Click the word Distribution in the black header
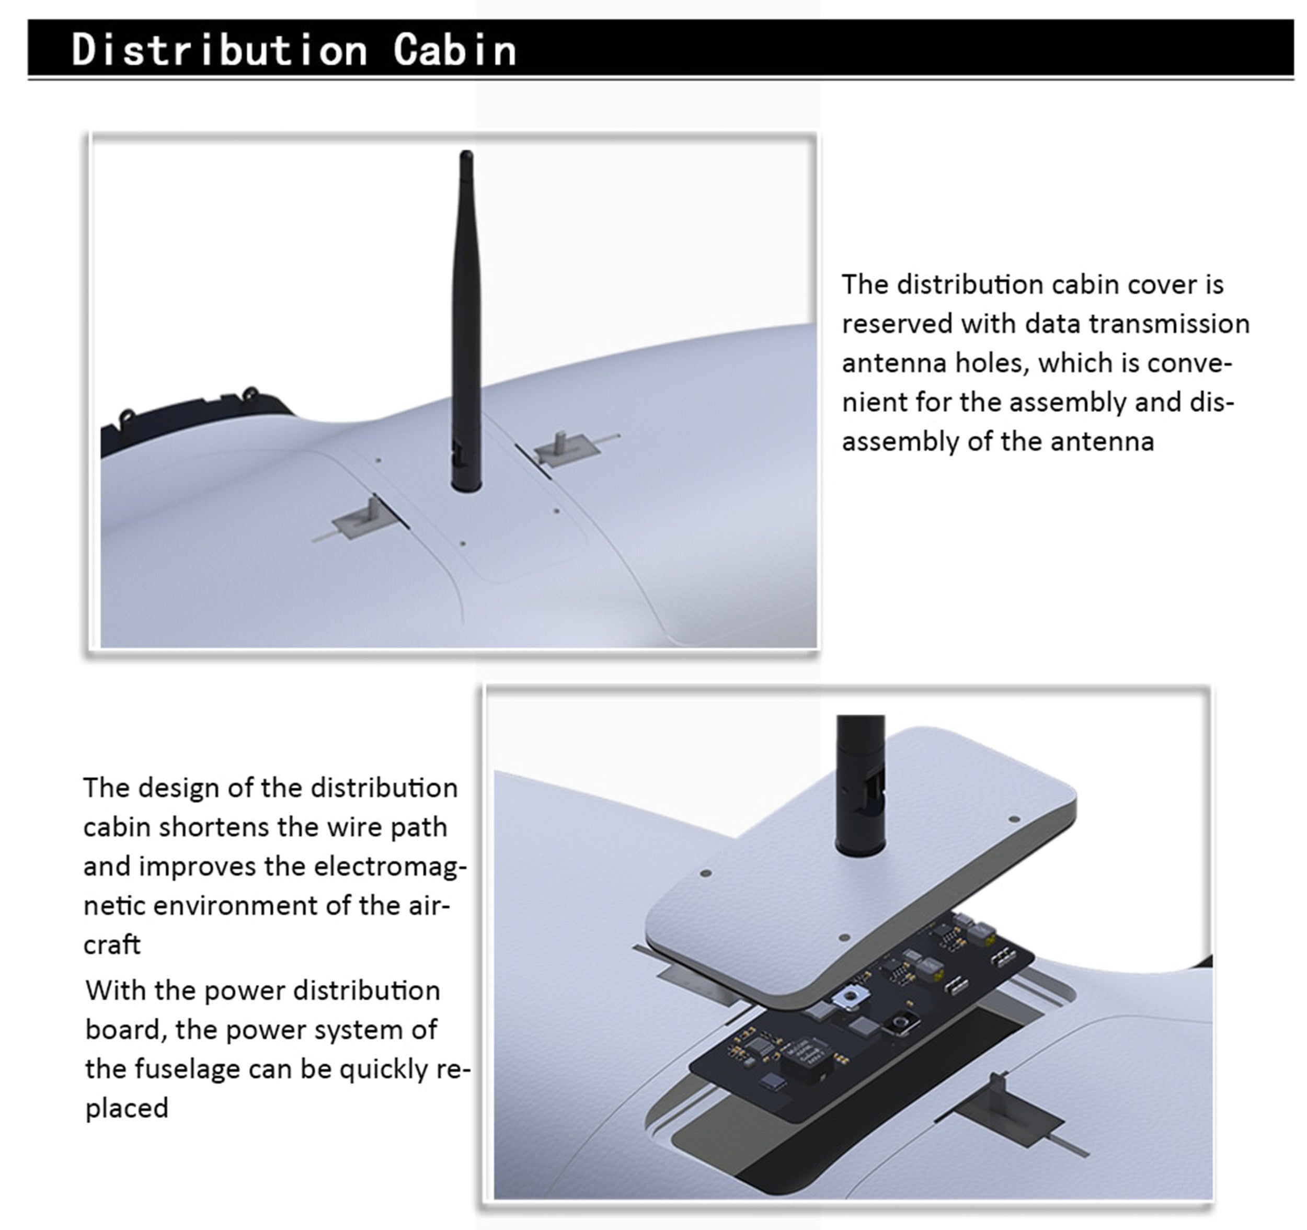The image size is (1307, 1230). pyautogui.click(x=219, y=50)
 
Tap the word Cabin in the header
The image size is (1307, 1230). pyautogui.click(x=454, y=50)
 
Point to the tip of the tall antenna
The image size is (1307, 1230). pyautogui.click(x=466, y=153)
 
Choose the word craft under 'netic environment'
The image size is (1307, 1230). pyautogui.click(x=112, y=945)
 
